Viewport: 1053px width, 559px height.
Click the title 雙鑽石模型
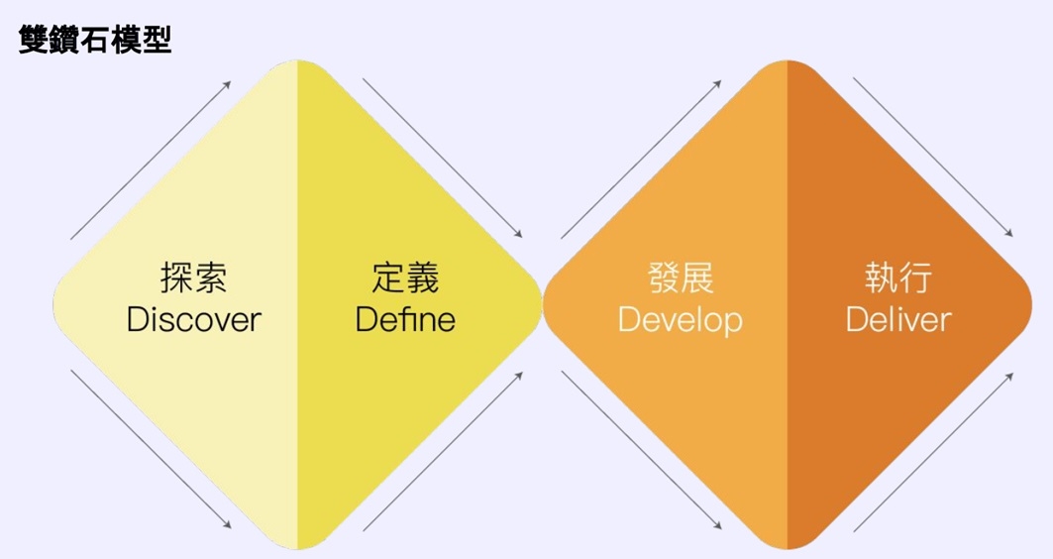tap(95, 40)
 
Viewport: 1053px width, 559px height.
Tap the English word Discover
tap(193, 320)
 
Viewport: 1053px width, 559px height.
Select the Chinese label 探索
tap(193, 277)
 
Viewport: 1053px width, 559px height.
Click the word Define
tap(405, 320)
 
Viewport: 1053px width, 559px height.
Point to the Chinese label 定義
tap(405, 277)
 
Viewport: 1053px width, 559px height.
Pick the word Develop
tap(681, 321)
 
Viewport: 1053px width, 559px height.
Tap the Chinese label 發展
tap(681, 277)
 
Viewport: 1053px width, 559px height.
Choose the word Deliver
tap(898, 320)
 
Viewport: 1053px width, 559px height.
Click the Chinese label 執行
tap(898, 277)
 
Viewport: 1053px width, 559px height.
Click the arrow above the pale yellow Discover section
tap(152, 160)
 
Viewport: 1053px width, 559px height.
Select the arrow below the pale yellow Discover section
tap(152, 449)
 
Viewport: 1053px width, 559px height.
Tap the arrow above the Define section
tap(443, 158)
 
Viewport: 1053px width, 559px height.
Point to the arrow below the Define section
tap(443, 452)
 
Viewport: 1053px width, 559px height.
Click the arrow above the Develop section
tap(641, 160)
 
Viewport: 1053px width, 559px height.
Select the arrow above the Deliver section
tap(933, 158)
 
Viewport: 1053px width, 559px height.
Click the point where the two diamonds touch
tap(542, 305)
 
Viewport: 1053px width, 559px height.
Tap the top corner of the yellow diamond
tap(297, 61)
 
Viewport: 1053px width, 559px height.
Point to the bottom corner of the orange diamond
tap(788, 549)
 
